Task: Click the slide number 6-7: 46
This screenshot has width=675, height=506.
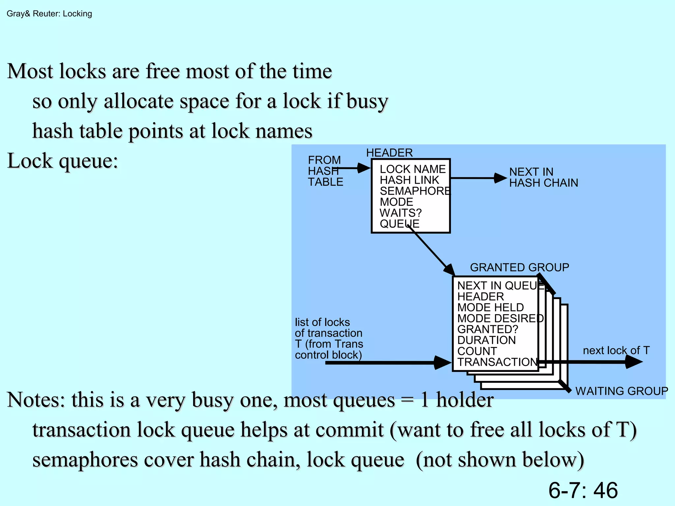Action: (x=583, y=490)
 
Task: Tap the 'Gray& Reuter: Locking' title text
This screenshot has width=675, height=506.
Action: (x=49, y=14)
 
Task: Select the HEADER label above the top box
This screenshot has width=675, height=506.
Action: (x=389, y=153)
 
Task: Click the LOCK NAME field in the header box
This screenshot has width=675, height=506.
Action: (x=412, y=169)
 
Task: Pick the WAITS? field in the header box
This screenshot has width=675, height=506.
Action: (x=400, y=213)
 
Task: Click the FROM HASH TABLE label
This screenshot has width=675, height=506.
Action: (x=325, y=171)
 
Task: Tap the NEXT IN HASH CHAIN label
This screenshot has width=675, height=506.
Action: (x=543, y=177)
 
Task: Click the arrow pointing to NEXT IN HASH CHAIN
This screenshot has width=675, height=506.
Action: (x=478, y=178)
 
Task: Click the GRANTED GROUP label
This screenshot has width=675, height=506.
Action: (x=519, y=267)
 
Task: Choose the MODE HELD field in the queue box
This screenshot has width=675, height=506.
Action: (x=490, y=307)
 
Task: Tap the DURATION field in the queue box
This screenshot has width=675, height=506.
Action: (x=486, y=340)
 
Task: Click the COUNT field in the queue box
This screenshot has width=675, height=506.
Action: (x=477, y=351)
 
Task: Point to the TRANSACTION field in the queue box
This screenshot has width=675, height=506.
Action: (x=497, y=362)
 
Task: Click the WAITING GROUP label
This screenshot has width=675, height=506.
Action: (x=621, y=391)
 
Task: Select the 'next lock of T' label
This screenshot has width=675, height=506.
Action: (x=616, y=350)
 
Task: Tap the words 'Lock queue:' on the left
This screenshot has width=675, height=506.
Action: (x=63, y=161)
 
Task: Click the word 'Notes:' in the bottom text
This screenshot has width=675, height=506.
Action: (x=36, y=400)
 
